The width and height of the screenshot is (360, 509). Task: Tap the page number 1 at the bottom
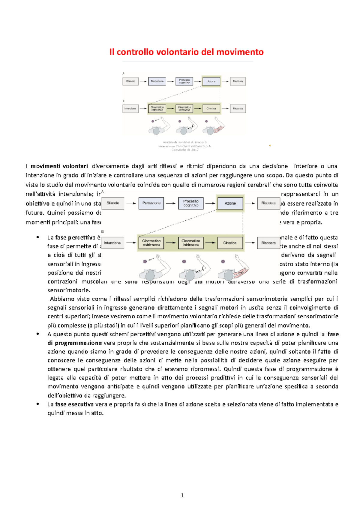(182, 495)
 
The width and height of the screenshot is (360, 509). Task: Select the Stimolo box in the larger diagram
(113, 203)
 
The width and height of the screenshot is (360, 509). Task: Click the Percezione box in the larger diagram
(151, 203)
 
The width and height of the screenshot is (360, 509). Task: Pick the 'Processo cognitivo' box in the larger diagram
(191, 203)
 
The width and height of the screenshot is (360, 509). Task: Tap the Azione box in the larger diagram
(230, 203)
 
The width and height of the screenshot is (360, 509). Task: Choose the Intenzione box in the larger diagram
(112, 243)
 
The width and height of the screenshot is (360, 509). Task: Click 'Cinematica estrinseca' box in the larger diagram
(151, 243)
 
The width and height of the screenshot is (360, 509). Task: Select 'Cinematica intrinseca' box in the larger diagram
(190, 243)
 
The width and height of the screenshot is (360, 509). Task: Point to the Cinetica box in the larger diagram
(230, 243)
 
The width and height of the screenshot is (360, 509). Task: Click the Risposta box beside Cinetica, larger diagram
(268, 243)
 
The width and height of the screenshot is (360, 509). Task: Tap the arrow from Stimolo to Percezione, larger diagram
(131, 203)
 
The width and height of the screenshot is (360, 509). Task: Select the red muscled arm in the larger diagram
(241, 271)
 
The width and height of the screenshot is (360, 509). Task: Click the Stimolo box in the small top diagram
(130, 81)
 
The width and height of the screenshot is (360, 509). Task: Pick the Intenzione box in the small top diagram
(130, 109)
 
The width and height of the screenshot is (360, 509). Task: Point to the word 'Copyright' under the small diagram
(179, 150)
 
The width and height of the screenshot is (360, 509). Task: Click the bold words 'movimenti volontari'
(59, 166)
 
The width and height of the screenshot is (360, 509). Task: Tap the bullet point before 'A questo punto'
(38, 334)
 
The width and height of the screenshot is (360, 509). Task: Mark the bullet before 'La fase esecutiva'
(38, 404)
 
